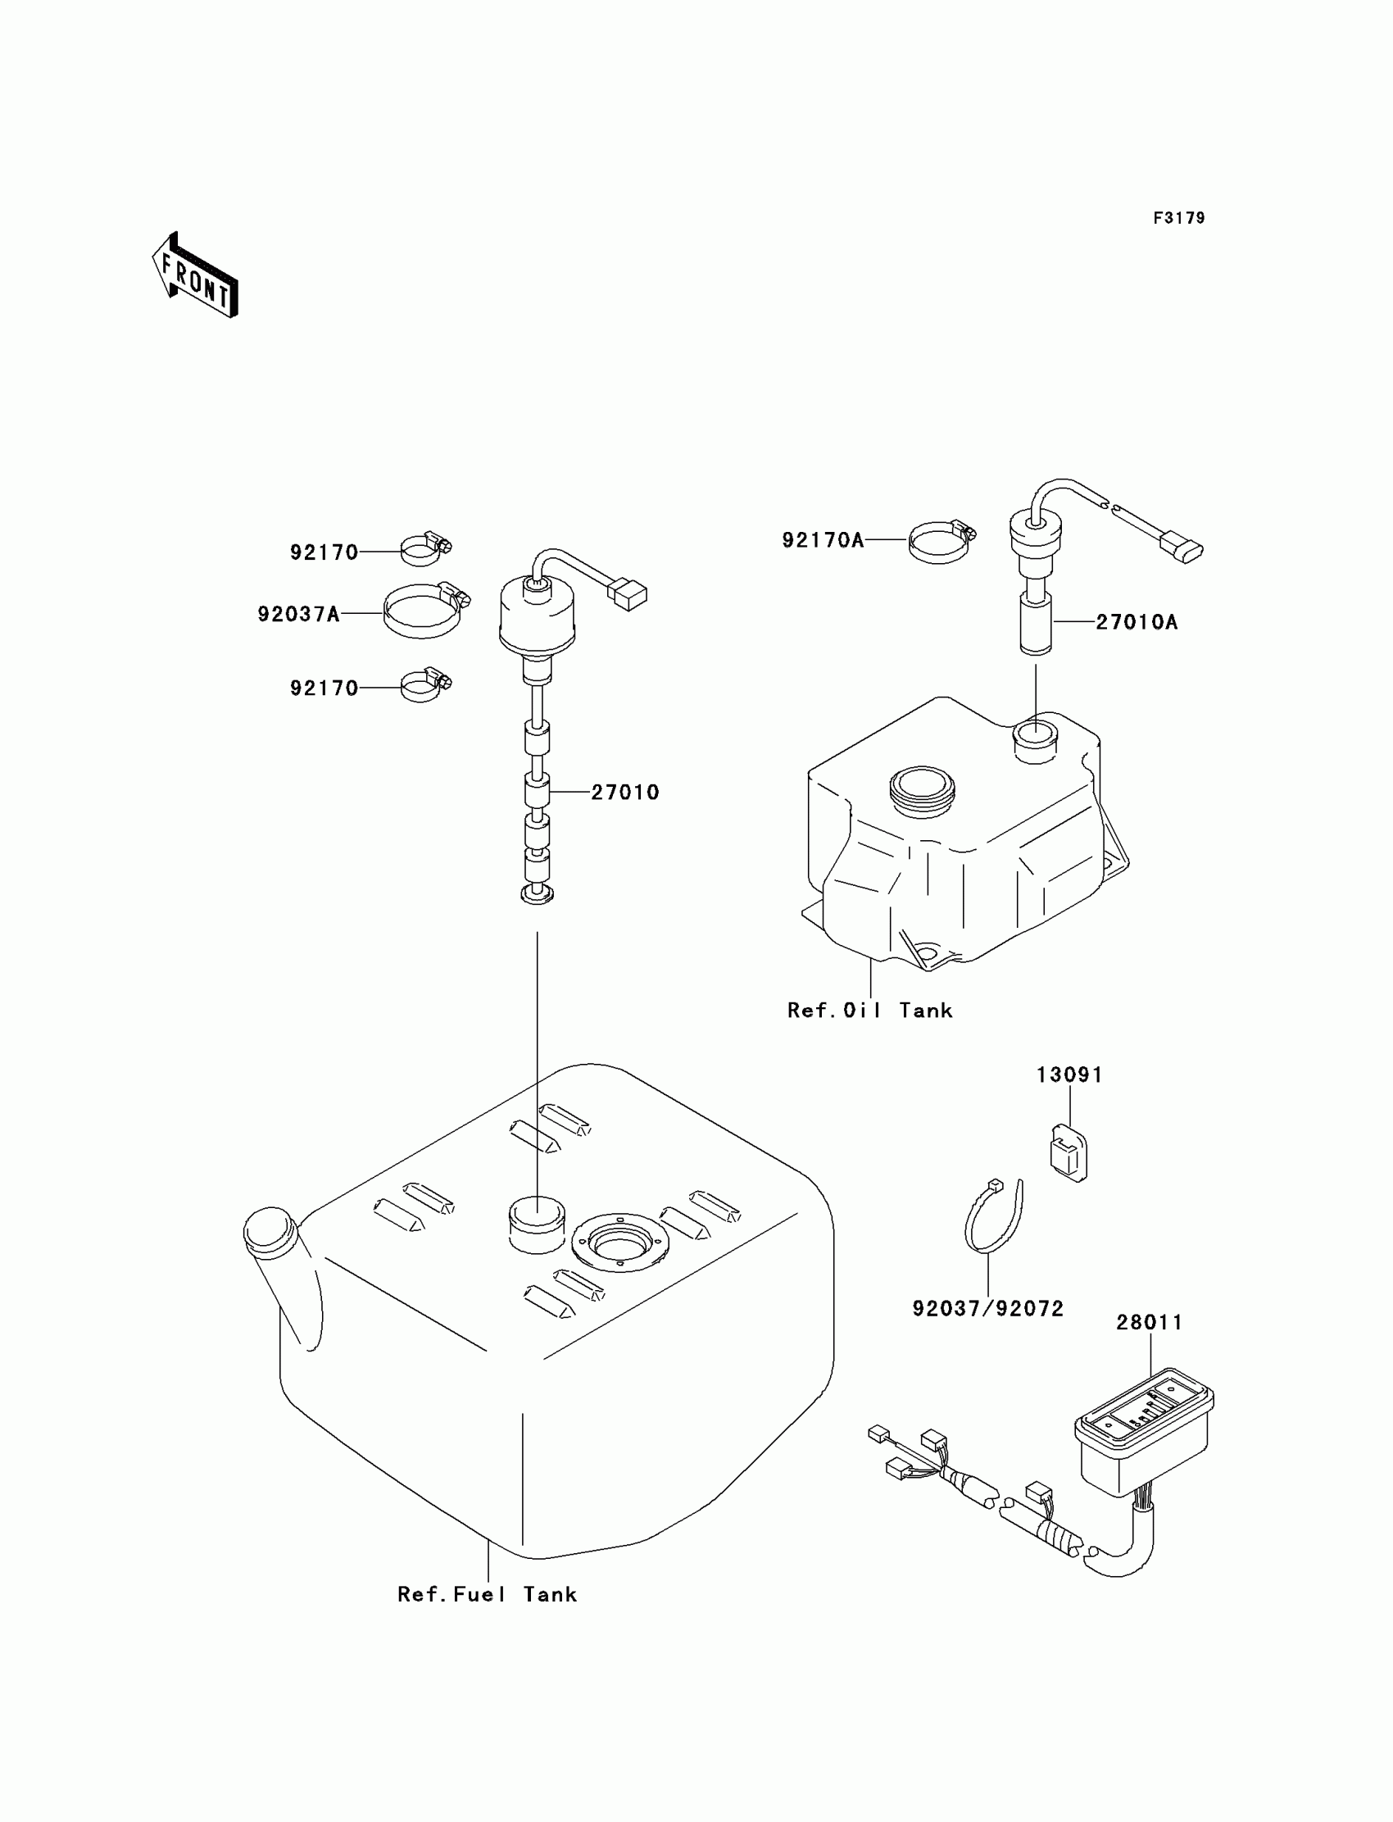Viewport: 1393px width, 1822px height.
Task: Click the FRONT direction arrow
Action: click(196, 277)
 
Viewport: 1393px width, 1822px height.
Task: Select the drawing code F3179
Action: click(1178, 218)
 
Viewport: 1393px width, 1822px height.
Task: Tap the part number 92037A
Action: click(298, 614)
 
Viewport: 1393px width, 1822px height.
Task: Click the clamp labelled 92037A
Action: click(424, 611)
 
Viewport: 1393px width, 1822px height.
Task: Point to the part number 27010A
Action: click(1136, 622)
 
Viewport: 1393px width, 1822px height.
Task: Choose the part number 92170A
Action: click(823, 541)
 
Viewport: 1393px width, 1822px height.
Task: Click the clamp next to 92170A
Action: click(942, 542)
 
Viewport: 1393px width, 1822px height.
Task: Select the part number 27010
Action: click(625, 792)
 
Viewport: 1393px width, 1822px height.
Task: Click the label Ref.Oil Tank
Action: click(869, 1010)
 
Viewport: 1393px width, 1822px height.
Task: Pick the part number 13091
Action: click(1069, 1075)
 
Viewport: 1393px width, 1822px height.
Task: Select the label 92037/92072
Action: click(987, 1309)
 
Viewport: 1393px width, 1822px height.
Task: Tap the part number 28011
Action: click(1148, 1322)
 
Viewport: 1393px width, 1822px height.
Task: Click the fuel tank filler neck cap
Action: click(269, 1233)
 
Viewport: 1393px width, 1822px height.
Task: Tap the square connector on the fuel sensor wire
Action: click(627, 594)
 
